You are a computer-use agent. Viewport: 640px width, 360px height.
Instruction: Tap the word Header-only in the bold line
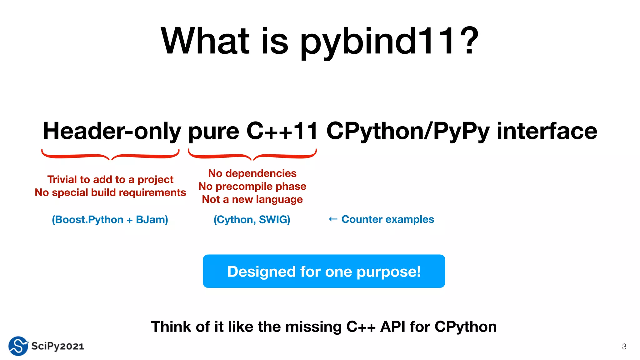click(x=112, y=131)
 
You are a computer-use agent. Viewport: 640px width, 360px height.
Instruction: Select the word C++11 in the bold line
click(x=282, y=131)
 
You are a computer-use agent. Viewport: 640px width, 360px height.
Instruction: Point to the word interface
click(x=547, y=131)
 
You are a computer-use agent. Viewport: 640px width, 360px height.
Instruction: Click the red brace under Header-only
click(x=110, y=155)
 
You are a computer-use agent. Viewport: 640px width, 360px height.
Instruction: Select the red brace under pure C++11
click(x=252, y=155)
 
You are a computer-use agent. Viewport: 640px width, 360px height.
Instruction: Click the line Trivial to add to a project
click(x=110, y=179)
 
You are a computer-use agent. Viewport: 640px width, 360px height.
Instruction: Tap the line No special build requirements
click(x=110, y=192)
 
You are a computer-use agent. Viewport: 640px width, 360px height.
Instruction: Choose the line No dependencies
click(x=252, y=173)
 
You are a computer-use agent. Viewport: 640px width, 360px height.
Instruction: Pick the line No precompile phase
click(x=252, y=186)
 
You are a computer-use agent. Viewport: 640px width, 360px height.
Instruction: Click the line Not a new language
click(x=252, y=199)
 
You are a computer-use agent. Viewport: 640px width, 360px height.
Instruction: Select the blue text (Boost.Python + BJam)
click(x=110, y=219)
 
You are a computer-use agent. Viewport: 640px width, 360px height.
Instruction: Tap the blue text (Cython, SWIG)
click(x=252, y=219)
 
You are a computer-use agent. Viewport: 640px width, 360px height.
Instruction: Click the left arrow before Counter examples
click(x=333, y=219)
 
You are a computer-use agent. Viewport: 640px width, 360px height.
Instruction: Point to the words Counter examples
click(x=387, y=219)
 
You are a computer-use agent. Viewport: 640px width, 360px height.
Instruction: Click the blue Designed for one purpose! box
click(x=324, y=271)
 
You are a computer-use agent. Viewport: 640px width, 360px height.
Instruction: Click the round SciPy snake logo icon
click(x=18, y=346)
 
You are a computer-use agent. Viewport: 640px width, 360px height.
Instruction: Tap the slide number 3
click(x=624, y=346)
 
